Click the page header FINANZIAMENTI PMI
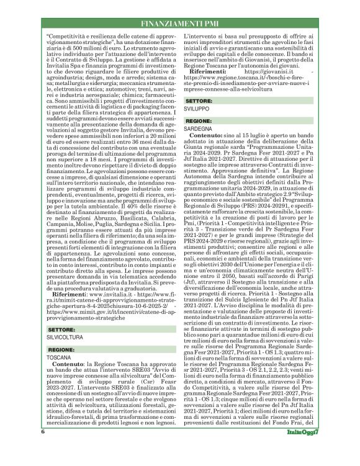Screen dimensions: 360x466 point(179,24)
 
